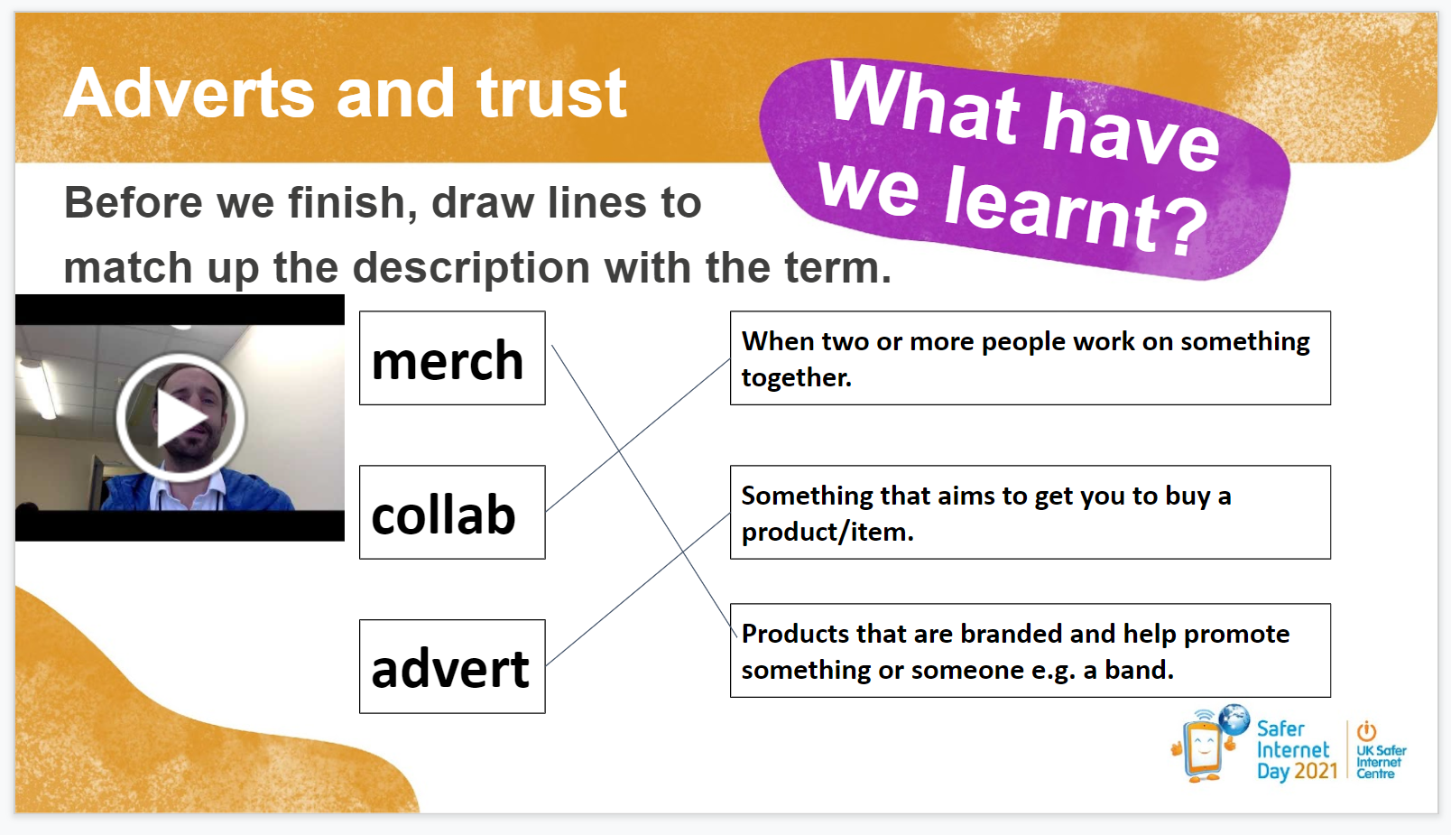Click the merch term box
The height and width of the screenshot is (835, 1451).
point(452,358)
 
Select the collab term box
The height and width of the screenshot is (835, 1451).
point(452,513)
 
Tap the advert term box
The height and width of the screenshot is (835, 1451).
point(452,666)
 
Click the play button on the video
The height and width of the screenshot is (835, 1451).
point(180,418)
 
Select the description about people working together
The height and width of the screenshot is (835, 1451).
point(1030,358)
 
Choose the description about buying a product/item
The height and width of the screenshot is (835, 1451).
point(1030,513)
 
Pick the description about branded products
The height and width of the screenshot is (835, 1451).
point(1030,650)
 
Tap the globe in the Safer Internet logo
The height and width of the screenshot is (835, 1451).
point(1234,719)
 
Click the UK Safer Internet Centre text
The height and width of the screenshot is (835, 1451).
point(1381,762)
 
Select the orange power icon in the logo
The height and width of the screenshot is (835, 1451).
point(1367,731)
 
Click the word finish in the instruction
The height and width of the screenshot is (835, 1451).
point(353,202)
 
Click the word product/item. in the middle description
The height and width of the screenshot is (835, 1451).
point(827,532)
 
